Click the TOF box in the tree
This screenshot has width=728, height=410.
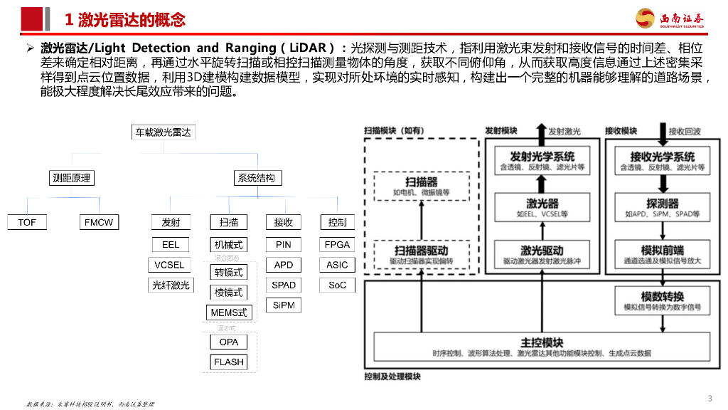point(27,223)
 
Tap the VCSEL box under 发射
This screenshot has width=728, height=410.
point(170,265)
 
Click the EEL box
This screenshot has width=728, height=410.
point(171,244)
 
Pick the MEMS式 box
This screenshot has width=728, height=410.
point(229,312)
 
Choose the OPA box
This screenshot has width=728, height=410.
point(229,342)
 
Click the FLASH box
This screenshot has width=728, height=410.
point(229,362)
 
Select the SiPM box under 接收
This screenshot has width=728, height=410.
point(283,305)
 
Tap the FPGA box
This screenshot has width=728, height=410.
point(337,244)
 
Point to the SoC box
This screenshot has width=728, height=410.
point(337,285)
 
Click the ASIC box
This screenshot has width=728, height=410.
point(337,265)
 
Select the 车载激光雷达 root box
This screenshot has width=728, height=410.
point(163,132)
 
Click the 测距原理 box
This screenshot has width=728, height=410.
point(73,178)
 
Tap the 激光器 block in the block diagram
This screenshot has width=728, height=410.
point(542,207)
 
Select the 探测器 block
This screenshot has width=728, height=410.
point(663,207)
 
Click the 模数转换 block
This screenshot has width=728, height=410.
point(663,300)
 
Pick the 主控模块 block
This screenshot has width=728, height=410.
point(542,347)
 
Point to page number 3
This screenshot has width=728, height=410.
point(710,398)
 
